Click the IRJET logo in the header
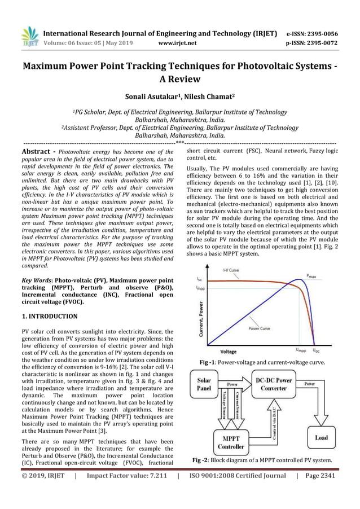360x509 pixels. pyautogui.click(x=29, y=36)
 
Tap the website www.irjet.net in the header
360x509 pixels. pyautogui.click(x=178, y=42)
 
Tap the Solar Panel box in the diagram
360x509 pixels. pyautogui.click(x=204, y=385)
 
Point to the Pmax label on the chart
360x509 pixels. pyautogui.click(x=311, y=276)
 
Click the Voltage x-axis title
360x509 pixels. pyautogui.click(x=228, y=352)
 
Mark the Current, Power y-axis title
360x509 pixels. pyautogui.click(x=201, y=318)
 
